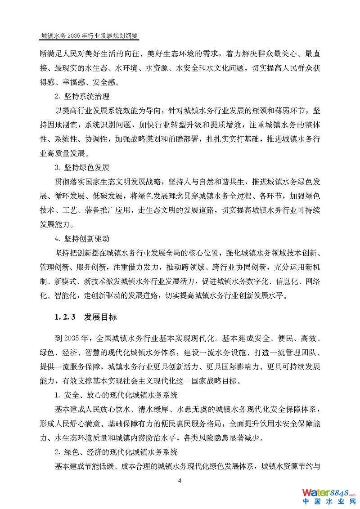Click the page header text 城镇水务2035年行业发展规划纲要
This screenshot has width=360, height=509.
[90, 35]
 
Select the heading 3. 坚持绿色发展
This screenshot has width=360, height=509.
[82, 167]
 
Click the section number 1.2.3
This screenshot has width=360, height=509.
[64, 317]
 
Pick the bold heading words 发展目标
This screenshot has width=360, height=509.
[100, 317]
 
